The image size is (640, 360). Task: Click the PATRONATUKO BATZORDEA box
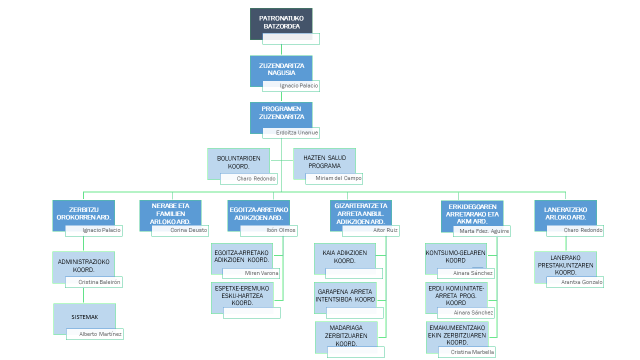pos(281,22)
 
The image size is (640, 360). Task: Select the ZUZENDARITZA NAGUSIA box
pos(281,69)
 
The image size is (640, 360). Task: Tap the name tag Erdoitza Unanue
pos(291,133)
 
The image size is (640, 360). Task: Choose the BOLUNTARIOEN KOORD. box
pos(238,161)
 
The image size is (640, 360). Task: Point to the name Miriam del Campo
pos(334,178)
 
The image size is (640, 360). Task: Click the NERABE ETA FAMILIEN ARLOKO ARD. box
pos(170,213)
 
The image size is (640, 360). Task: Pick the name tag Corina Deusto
pos(180,230)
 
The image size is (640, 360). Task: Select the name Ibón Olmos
pos(268,230)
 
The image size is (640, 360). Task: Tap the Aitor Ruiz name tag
pos(370,230)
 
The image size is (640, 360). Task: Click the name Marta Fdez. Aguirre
pos(481,231)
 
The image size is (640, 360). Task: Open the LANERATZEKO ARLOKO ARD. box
pos(565,213)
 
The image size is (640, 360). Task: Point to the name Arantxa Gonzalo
pos(575,282)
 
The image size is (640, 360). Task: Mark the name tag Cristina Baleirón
pos(93,282)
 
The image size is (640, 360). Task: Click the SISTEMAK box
pos(84,317)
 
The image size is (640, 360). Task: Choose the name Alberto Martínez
pos(94,334)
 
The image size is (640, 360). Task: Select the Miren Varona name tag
pos(251,273)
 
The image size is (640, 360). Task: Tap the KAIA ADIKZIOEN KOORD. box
pos(344,257)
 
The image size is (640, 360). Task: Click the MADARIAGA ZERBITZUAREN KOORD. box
pos(345,335)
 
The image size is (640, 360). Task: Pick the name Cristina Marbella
pos(466,352)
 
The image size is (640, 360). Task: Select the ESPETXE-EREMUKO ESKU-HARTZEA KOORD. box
pos(242,295)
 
